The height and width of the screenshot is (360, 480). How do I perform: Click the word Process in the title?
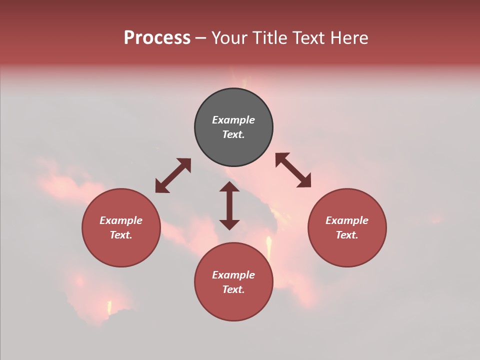coord(157,38)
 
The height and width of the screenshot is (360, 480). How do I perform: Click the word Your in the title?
coord(228,38)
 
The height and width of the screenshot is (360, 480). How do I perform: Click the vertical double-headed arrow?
coord(229,205)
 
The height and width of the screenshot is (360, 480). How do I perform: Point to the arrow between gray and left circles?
coord(173,175)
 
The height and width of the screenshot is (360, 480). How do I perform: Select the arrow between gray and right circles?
coord(293,170)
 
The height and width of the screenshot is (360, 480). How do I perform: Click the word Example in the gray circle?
coord(233,120)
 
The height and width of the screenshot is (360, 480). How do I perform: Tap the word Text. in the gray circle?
coord(233,134)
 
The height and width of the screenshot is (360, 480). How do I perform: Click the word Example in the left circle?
coord(121,220)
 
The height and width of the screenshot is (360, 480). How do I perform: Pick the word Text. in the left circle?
coord(121,235)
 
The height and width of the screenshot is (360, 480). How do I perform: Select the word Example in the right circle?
coord(347,220)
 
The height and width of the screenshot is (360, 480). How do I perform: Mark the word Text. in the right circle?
coord(347,235)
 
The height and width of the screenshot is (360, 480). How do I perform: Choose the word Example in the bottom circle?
coord(233,275)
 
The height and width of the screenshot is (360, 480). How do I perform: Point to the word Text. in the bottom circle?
coord(233,289)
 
